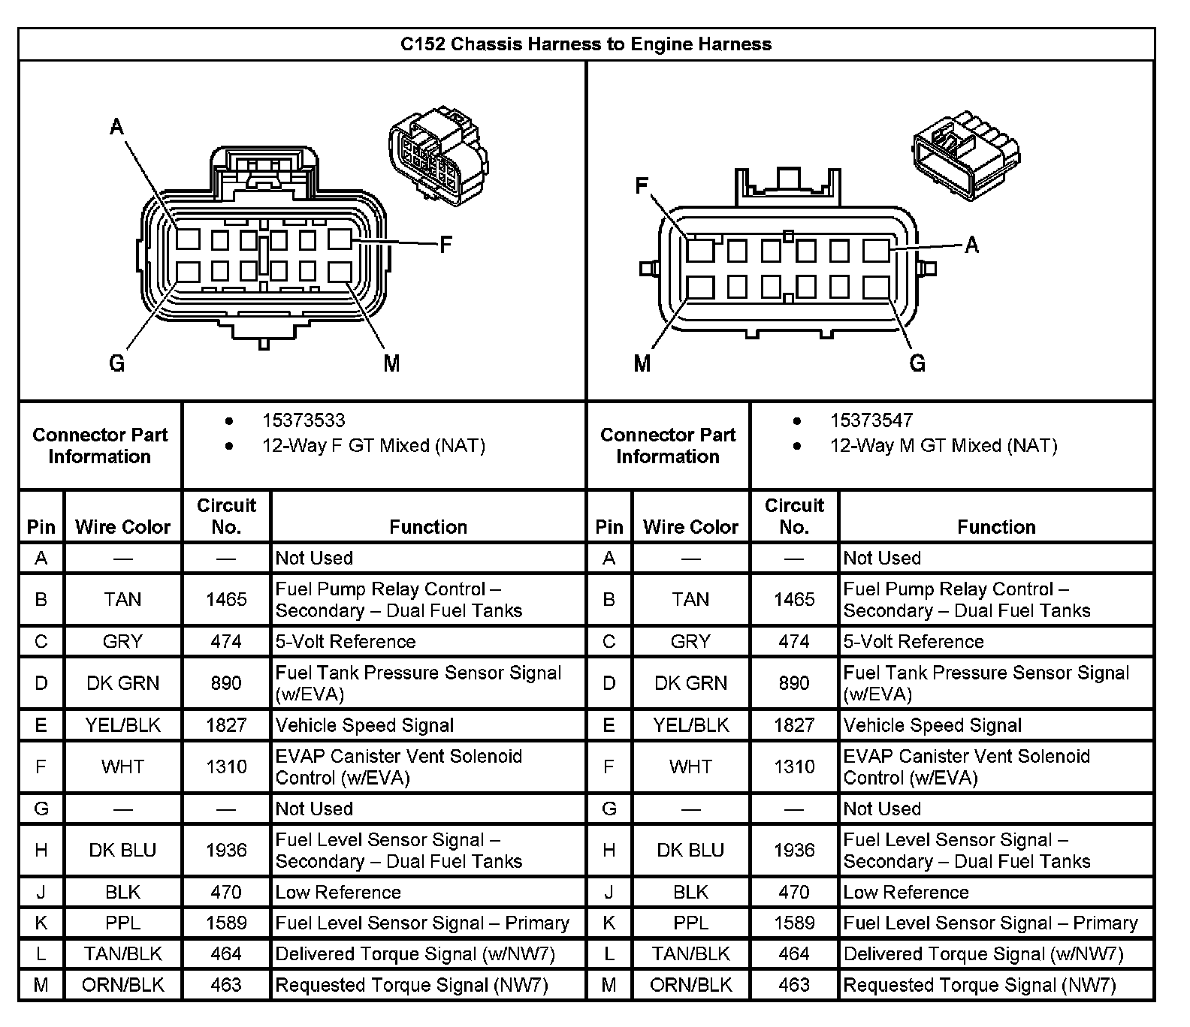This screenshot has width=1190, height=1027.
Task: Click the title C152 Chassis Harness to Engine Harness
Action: coord(586,44)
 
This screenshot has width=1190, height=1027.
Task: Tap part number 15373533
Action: coord(304,420)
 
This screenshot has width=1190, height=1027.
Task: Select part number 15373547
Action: coord(871,420)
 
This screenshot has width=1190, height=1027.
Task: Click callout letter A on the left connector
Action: coord(116,126)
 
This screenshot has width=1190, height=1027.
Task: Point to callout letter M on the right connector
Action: coord(642,364)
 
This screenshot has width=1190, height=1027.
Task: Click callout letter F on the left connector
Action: coord(445,245)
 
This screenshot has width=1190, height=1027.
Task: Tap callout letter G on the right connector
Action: coord(917,364)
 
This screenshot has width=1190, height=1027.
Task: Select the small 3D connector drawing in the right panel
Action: coord(966,154)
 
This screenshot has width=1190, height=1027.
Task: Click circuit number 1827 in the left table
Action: coord(226,725)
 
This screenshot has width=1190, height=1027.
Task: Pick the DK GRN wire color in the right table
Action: coord(690,683)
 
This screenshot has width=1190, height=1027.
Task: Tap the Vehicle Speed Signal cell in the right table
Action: coord(932,725)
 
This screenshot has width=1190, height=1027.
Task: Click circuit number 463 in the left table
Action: coord(226,984)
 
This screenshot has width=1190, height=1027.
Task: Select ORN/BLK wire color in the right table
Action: coord(690,984)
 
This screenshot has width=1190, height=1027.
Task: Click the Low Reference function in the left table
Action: coord(338,892)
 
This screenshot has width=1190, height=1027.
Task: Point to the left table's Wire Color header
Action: coord(123,527)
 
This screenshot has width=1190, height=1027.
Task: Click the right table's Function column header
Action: coord(996,527)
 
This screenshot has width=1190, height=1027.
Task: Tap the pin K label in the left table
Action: coord(41,923)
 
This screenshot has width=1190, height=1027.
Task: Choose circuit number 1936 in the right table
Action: coord(794,850)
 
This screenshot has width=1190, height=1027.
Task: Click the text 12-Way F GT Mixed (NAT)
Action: coord(373,446)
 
